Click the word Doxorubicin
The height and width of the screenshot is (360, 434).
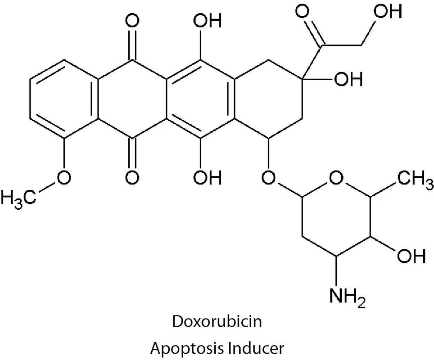217,322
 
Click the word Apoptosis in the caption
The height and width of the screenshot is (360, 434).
186,349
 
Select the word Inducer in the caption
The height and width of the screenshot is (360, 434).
255,348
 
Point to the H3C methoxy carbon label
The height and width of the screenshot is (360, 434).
18,197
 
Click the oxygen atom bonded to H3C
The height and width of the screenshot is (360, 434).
63,177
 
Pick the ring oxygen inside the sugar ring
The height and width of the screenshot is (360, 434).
336,177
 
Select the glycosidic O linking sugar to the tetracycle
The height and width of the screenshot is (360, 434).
268,177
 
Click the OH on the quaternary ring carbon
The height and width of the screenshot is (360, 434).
348,79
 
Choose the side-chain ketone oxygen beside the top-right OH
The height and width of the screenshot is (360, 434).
303,11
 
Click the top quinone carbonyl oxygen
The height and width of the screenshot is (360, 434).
132,21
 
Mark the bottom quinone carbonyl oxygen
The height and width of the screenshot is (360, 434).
132,177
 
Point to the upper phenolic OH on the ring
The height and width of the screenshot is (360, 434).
208,21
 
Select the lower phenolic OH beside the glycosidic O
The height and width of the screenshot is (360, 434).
208,177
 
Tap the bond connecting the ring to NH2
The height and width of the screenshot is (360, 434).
336,270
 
